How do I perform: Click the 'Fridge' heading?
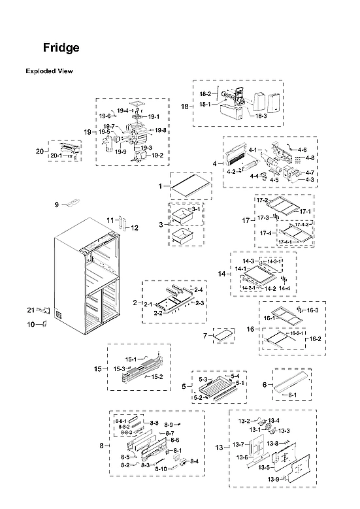[61, 48]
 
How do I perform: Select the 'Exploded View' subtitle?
[49, 71]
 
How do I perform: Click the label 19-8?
[161, 131]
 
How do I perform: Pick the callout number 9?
[56, 205]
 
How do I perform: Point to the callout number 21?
[30, 309]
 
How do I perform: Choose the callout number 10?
[31, 325]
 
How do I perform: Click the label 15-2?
[157, 377]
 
